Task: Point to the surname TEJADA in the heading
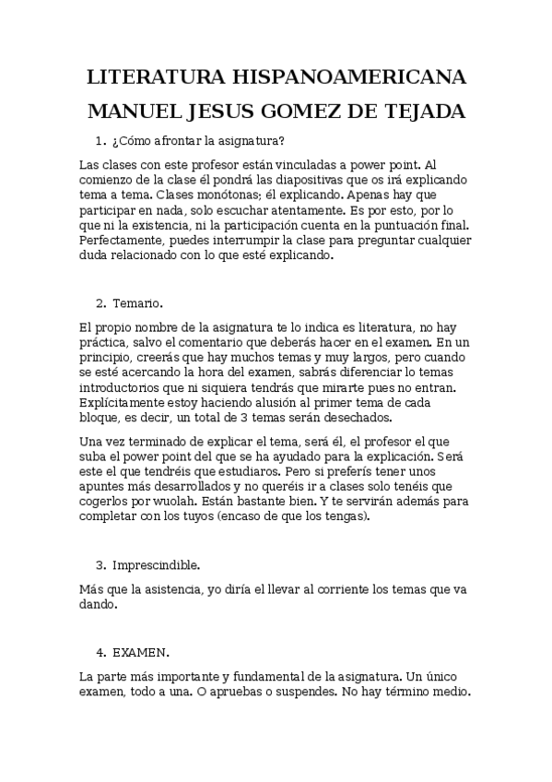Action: pos(422,112)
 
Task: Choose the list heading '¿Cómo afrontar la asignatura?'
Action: pos(198,141)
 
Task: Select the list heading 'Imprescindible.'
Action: pos(156,563)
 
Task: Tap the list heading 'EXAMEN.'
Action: pos(141,652)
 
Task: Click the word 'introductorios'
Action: pos(123,388)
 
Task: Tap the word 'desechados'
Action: pos(331,419)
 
